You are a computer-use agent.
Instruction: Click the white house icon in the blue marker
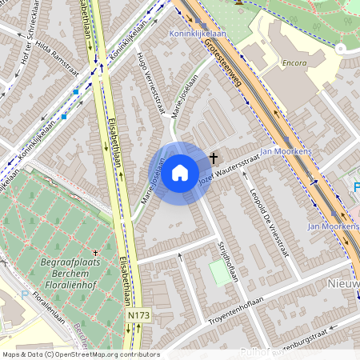tap(180, 172)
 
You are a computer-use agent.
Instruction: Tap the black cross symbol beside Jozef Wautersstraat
tap(213, 158)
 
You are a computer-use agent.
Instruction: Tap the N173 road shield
tap(138, 317)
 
